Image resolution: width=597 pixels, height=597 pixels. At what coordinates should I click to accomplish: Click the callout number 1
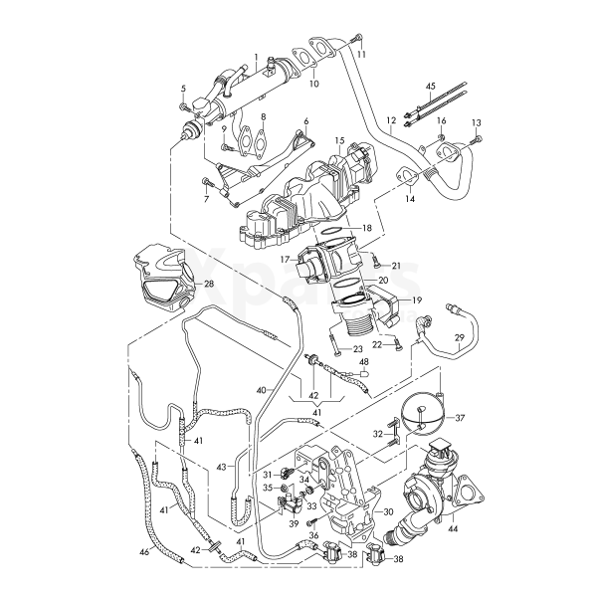[256, 57]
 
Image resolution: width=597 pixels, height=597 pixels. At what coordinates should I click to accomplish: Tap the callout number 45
[431, 87]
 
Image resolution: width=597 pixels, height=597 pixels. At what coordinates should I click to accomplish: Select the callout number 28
[209, 285]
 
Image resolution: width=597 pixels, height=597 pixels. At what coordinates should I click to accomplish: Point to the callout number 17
[285, 261]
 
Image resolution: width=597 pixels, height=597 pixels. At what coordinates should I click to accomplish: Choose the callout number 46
[144, 550]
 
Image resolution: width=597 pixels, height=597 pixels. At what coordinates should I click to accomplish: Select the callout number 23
[357, 350]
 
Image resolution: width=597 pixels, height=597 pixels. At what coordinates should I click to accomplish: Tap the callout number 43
[221, 466]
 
